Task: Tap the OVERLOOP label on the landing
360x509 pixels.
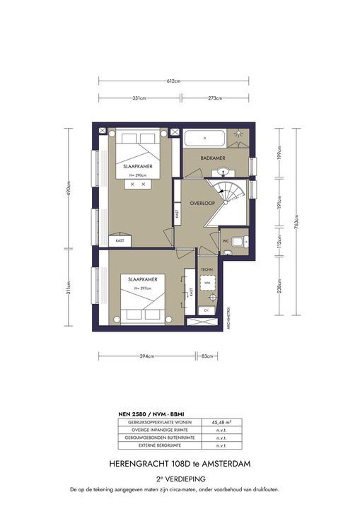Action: click(x=202, y=204)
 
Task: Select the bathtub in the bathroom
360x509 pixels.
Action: click(x=204, y=137)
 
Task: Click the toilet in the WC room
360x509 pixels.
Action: click(x=240, y=240)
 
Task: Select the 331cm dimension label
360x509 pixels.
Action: click(x=139, y=98)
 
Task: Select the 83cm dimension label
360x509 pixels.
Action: click(x=207, y=356)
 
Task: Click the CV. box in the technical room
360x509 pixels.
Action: click(x=207, y=310)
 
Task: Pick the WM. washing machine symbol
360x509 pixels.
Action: click(x=207, y=283)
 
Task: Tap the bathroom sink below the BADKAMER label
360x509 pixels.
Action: click(x=224, y=171)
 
